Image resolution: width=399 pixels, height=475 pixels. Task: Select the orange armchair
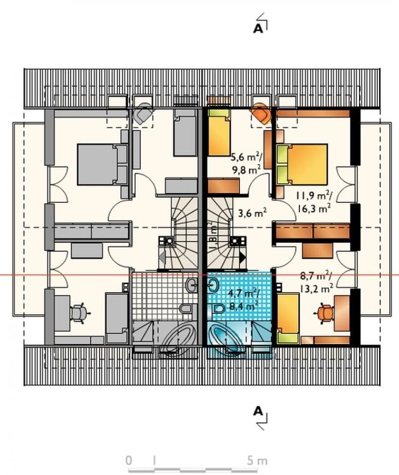coord(261,113)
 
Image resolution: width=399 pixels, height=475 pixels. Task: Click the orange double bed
coord(302,164)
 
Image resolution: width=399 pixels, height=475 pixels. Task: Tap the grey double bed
coord(102,164)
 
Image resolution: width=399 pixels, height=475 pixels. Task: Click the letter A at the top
coord(258,29)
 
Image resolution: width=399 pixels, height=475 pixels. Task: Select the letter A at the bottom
coord(258,411)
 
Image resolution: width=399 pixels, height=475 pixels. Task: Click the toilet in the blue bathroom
coord(217,309)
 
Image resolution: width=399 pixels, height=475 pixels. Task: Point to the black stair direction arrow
coord(243,258)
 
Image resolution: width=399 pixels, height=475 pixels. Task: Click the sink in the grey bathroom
coord(191,285)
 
